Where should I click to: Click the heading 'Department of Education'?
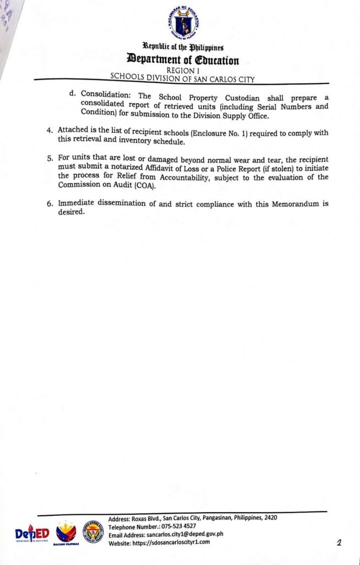183,60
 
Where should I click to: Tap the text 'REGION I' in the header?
182,70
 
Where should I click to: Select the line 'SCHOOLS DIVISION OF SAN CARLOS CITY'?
182,78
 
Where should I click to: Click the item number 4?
50,131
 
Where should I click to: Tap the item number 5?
50,158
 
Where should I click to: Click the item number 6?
50,203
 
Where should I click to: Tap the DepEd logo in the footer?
32,534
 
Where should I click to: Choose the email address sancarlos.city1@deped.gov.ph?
185,534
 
